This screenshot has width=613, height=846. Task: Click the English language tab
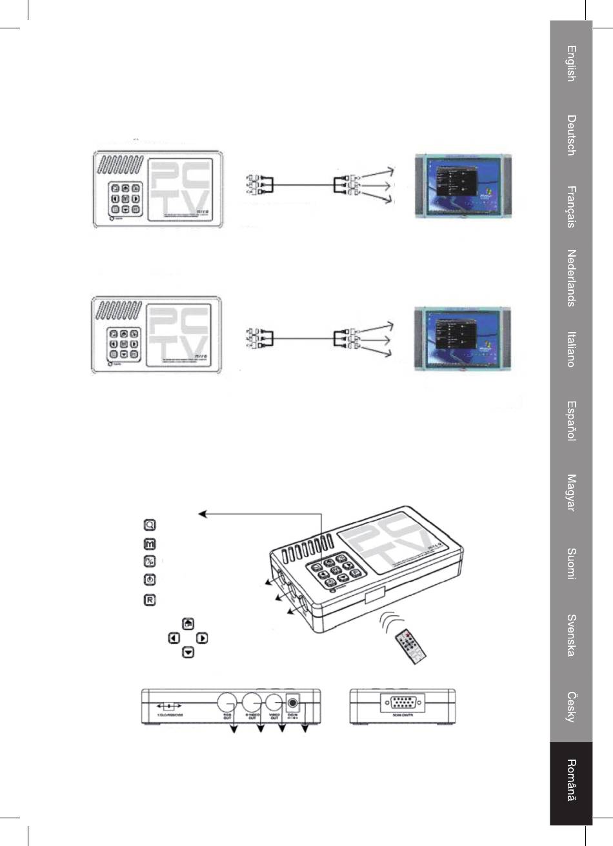click(x=571, y=63)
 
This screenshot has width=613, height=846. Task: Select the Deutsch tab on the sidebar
click(x=571, y=135)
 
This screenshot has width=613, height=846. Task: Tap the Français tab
click(x=571, y=206)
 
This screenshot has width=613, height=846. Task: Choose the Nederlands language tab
click(x=571, y=278)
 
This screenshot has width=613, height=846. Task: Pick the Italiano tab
click(x=571, y=349)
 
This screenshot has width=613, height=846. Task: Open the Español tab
click(x=571, y=420)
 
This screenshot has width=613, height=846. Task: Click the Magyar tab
click(x=571, y=492)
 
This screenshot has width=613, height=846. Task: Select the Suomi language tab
click(x=571, y=564)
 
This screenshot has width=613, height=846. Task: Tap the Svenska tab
click(x=571, y=635)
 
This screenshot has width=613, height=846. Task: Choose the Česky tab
click(x=571, y=707)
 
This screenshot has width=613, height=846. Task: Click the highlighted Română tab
click(x=571, y=780)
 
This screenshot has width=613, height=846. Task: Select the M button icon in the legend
click(x=149, y=544)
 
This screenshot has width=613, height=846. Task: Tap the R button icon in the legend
click(x=149, y=600)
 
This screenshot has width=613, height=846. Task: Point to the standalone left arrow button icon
click(x=174, y=638)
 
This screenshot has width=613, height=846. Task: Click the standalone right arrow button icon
click(x=202, y=638)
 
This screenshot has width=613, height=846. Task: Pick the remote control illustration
click(x=411, y=647)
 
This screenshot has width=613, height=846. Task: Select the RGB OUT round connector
click(x=228, y=702)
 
